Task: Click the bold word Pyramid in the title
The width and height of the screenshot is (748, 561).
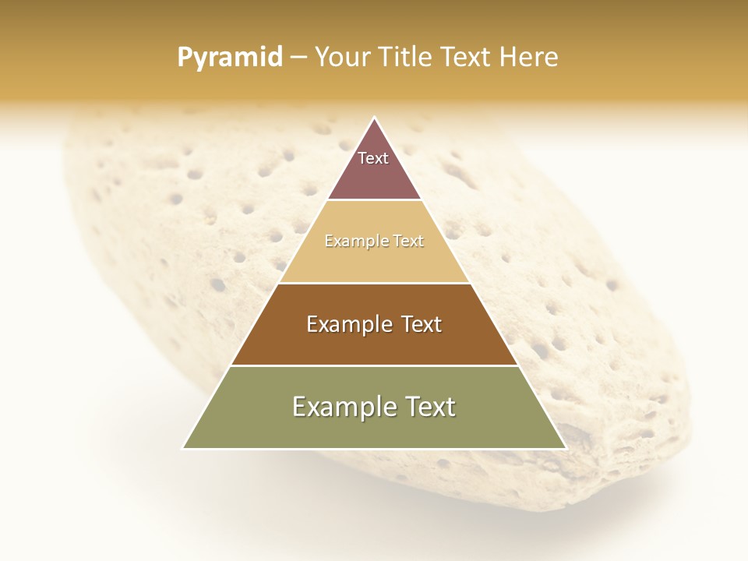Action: click(x=229, y=57)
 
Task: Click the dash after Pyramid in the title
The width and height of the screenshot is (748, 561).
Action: click(x=298, y=57)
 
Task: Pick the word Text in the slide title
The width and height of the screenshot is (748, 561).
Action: click(x=467, y=57)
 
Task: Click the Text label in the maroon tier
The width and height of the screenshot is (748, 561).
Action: click(x=373, y=158)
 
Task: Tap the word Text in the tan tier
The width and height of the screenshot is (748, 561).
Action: click(x=409, y=242)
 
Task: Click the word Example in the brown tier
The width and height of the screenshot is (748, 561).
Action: click(x=347, y=324)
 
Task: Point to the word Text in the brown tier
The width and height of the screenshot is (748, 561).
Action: click(x=422, y=324)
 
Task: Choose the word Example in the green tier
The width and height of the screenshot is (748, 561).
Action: click(x=340, y=407)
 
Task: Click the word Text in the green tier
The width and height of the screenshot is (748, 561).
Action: click(x=429, y=407)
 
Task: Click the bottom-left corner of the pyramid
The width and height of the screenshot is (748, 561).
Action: click(x=183, y=448)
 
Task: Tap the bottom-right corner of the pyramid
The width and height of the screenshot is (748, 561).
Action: click(x=566, y=448)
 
